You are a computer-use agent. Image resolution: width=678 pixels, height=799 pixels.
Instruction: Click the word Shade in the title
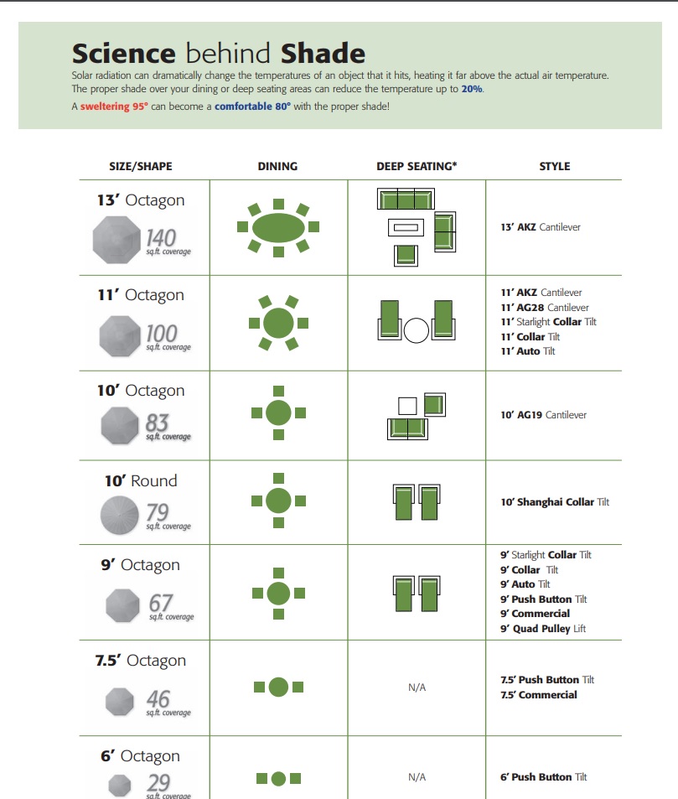point(323,54)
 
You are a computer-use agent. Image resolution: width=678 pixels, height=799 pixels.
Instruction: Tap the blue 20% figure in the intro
point(472,89)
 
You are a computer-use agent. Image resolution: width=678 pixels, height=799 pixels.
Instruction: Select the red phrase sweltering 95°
point(114,106)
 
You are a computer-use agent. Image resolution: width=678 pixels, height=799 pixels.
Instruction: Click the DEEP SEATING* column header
point(417,167)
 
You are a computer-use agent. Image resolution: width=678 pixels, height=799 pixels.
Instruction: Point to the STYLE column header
point(555,167)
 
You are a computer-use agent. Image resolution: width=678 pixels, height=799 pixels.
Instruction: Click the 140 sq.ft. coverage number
point(161,238)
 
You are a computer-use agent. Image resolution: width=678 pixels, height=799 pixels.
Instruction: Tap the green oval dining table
point(278,227)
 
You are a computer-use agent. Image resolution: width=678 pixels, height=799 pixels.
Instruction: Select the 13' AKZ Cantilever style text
point(541,227)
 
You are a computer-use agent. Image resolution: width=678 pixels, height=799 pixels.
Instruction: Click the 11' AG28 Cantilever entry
point(545,307)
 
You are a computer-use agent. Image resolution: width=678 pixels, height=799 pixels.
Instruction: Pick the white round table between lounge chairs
point(417,330)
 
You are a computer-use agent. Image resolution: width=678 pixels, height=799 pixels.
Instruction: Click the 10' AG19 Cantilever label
point(544,415)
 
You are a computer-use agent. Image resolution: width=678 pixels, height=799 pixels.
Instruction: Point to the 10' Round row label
point(141,480)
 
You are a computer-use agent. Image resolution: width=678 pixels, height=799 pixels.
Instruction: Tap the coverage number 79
point(158,512)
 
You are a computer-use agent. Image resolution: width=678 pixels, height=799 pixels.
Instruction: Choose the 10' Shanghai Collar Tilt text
point(555,502)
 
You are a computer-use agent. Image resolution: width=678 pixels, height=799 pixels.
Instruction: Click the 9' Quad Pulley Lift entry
point(543,629)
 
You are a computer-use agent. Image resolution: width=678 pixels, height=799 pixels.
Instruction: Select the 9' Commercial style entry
point(535,614)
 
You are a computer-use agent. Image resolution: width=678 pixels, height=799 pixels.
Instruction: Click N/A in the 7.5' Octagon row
point(417,687)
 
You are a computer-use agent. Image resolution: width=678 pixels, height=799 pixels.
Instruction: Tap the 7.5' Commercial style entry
point(538,694)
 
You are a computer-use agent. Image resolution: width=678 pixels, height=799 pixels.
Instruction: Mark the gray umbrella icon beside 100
point(120,336)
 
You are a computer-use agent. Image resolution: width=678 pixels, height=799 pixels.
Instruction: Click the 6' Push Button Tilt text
point(544,777)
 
